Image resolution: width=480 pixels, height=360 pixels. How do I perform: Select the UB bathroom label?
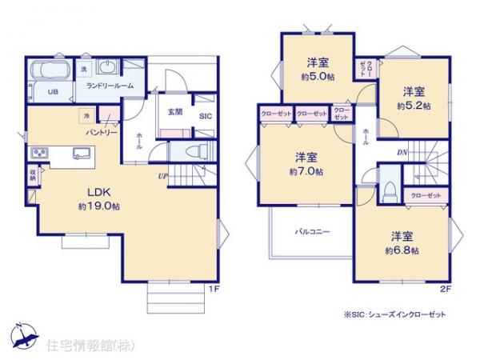(51, 91)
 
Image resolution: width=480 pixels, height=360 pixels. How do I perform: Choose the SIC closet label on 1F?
(205, 116)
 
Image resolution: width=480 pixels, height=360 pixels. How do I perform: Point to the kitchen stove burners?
(39, 153)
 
